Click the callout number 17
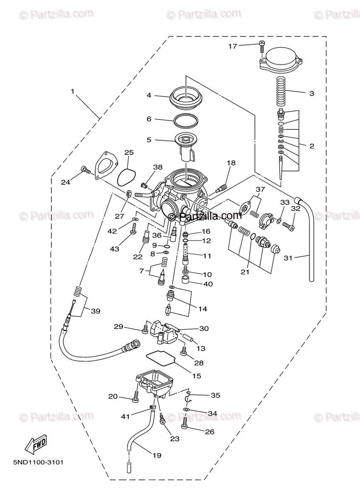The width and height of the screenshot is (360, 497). pos(232,46)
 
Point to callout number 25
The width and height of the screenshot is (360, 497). pos(129,153)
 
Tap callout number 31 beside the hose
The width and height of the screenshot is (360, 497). pos(288,258)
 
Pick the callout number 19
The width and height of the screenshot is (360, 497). pos(156,456)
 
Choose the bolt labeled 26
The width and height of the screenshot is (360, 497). pos(185,422)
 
